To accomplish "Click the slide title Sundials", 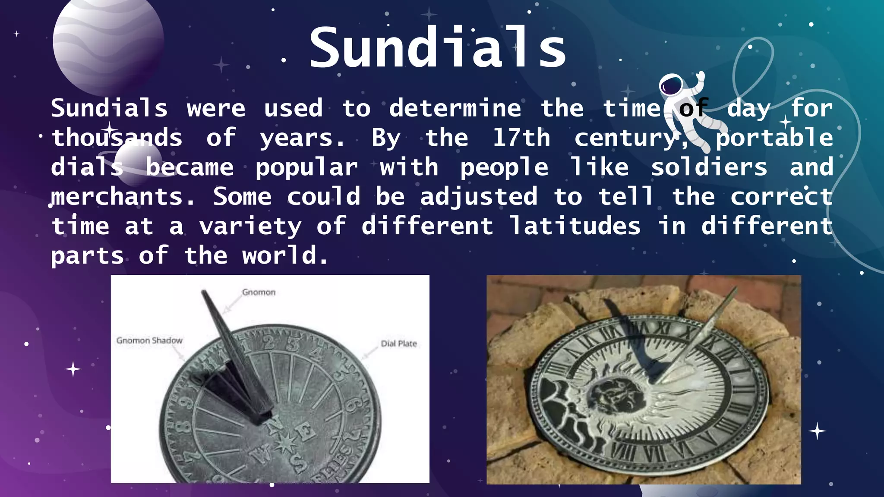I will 437,47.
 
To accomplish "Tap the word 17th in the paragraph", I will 521,138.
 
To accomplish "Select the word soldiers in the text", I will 709,167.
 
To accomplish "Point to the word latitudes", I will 575,226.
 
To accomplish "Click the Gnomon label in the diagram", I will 259,292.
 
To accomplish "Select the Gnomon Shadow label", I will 149,340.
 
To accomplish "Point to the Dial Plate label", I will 399,343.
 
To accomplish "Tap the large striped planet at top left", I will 108,41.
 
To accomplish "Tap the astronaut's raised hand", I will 700,77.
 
